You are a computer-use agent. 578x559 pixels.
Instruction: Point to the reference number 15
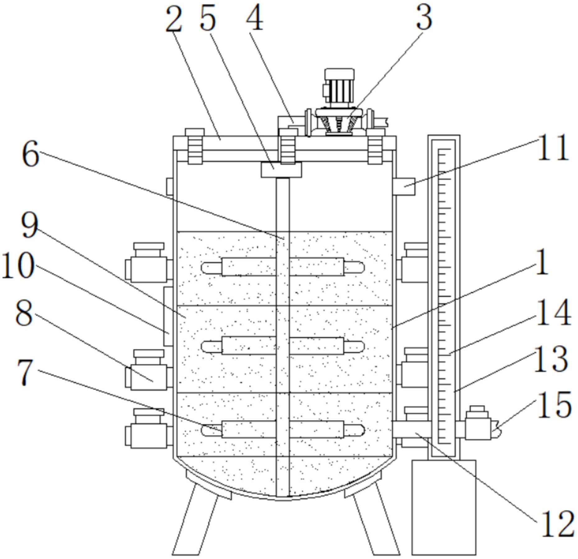pyautogui.click(x=554, y=404)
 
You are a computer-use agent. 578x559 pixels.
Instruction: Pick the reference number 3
pyautogui.click(x=423, y=18)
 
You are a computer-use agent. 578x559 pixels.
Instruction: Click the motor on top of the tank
pyautogui.click(x=339, y=88)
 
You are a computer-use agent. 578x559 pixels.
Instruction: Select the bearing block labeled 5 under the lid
pyautogui.click(x=281, y=170)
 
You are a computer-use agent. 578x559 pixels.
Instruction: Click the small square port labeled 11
pyautogui.click(x=404, y=186)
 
